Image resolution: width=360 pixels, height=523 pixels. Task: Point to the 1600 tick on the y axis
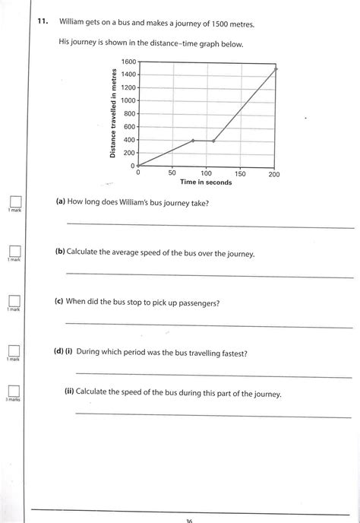click(128, 61)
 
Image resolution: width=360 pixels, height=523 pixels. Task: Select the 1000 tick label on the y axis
click(128, 100)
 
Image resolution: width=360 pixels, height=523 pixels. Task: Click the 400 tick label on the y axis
click(129, 140)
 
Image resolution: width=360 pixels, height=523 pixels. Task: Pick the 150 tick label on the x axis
click(240, 174)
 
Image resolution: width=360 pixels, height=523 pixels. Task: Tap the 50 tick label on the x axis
click(172, 174)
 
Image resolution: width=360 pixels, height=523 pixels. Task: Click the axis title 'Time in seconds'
click(206, 182)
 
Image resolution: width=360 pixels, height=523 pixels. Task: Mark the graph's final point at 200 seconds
click(275, 68)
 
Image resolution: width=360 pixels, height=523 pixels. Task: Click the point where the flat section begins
click(193, 141)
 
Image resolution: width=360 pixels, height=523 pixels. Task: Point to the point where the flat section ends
click(213, 141)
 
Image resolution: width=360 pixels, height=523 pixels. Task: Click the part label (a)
click(60, 203)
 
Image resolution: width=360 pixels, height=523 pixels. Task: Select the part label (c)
click(59, 302)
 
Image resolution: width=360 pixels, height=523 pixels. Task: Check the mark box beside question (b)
click(14, 251)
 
